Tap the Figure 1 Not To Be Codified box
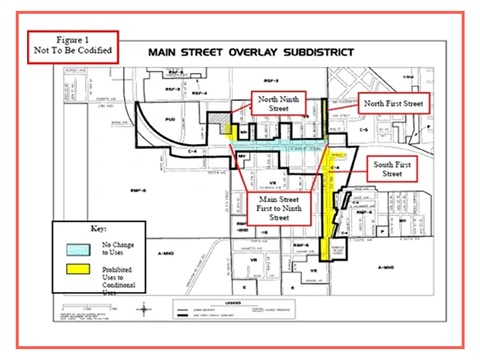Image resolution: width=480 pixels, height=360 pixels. pos(69,42)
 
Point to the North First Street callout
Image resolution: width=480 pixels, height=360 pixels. pos(392,102)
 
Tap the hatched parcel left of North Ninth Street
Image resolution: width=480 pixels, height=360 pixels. pos(218,116)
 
